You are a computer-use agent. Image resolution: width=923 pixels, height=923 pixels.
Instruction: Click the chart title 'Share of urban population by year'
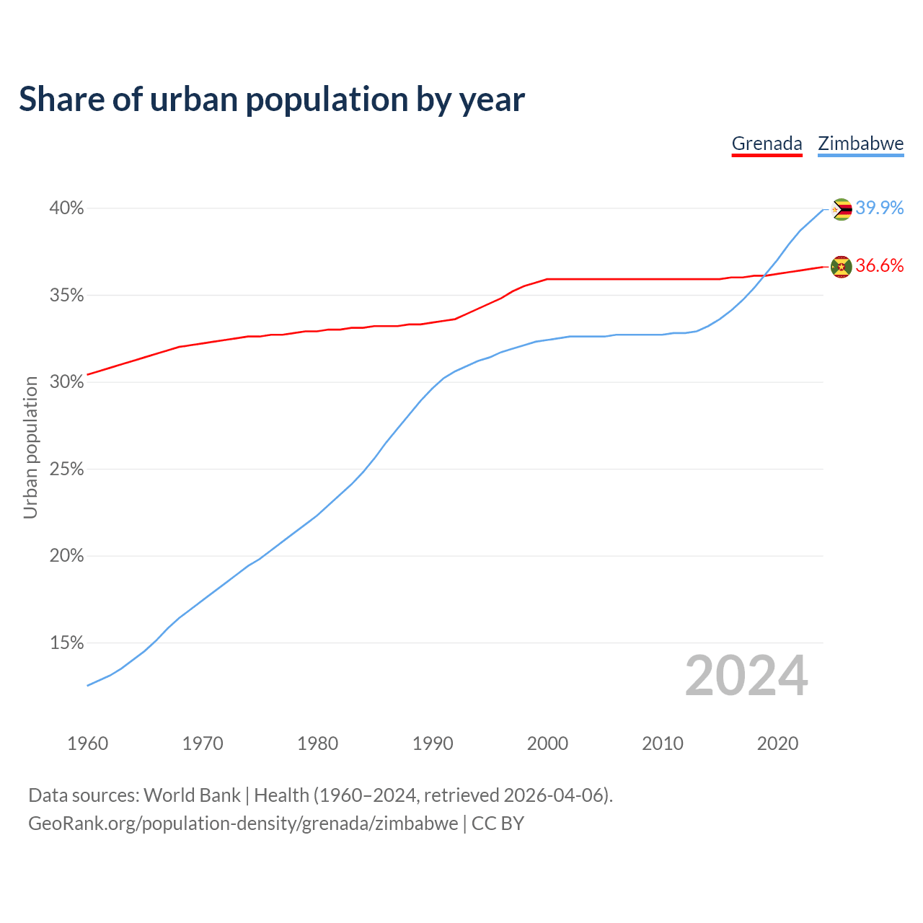point(272,100)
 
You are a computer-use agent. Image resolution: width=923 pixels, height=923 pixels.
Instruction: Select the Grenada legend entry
point(767,143)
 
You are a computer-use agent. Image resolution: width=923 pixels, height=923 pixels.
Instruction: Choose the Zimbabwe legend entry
point(860,143)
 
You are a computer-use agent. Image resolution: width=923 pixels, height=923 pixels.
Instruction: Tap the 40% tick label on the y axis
point(66,208)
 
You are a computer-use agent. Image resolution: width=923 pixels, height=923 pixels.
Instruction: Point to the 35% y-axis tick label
point(66,296)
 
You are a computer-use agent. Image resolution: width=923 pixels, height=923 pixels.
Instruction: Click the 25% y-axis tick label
point(66,469)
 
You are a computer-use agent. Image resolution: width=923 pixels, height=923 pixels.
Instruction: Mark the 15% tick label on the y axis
point(66,642)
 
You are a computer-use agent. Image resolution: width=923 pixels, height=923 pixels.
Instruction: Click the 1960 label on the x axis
point(87,743)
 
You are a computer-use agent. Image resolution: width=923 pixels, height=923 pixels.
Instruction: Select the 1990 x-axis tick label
point(433,743)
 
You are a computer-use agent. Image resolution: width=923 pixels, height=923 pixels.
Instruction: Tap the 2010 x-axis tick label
point(663,743)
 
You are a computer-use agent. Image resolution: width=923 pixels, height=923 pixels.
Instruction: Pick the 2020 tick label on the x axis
point(777,743)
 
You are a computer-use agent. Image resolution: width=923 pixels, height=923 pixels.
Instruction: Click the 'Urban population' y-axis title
point(30,447)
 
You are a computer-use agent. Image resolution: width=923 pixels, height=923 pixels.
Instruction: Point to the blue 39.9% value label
point(880,208)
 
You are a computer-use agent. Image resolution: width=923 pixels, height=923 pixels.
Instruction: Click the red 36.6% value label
point(880,266)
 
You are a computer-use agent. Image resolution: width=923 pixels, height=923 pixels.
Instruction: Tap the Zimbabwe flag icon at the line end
point(842,209)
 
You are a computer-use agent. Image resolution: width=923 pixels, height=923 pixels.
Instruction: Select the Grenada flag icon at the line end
point(842,267)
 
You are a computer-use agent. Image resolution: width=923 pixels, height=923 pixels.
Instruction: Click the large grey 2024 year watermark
point(746,676)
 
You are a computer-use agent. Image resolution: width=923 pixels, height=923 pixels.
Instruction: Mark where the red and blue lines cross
point(764,275)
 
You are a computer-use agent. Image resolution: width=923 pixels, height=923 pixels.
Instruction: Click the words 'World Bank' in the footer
point(192,795)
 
